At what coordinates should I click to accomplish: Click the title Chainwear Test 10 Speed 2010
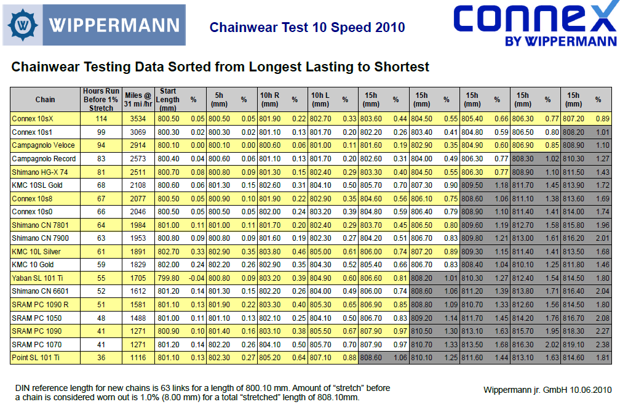[x=307, y=27]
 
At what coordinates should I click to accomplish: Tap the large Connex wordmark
[x=534, y=21]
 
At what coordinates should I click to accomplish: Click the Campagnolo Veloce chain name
[x=43, y=145]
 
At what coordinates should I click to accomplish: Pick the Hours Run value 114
[x=101, y=118]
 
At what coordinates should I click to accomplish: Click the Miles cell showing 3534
[x=138, y=118]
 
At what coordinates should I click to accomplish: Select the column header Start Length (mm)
[x=167, y=99]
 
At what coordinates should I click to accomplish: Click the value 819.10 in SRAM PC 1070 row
[x=573, y=344]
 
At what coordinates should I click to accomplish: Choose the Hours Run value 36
[x=101, y=358]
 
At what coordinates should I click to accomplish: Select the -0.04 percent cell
[x=196, y=278]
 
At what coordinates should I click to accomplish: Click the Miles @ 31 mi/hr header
[x=138, y=99]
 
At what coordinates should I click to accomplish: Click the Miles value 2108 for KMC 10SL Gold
[x=138, y=185]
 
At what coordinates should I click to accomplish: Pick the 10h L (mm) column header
[x=320, y=99]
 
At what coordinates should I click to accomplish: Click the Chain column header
[x=45, y=99]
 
